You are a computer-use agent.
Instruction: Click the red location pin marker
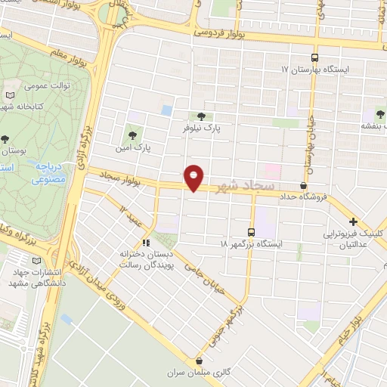(194, 177)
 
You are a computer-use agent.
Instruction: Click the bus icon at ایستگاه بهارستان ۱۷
(315, 57)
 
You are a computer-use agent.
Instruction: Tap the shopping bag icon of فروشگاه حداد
(304, 185)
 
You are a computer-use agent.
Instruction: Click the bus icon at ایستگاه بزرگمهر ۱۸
(252, 232)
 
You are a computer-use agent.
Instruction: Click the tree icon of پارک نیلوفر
(200, 116)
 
